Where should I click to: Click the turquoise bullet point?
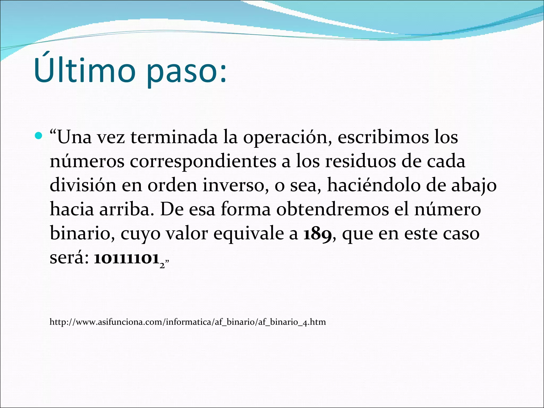tap(39, 135)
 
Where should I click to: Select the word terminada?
tap(174, 138)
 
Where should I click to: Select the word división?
tap(83, 185)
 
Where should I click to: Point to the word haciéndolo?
tap(373, 185)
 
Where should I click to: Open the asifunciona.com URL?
tap(188, 322)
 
